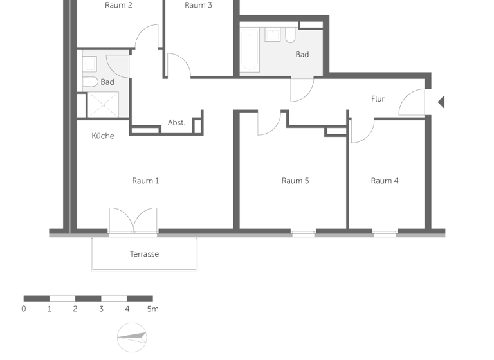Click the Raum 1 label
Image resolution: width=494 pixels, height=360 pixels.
(145, 181)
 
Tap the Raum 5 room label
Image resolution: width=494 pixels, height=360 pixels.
(295, 181)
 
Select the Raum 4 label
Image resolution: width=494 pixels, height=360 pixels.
(385, 181)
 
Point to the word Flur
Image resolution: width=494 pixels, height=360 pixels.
(378, 99)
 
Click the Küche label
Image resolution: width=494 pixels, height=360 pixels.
(103, 136)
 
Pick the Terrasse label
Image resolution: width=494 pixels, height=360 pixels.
(144, 254)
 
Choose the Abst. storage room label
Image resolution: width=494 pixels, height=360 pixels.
(176, 122)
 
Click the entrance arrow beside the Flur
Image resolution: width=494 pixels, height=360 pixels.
(441, 102)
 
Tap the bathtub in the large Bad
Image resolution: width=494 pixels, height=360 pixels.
(250, 50)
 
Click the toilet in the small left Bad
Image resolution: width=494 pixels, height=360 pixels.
(90, 82)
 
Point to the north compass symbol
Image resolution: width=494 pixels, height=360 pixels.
(132, 336)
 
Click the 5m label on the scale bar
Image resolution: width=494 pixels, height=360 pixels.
(152, 309)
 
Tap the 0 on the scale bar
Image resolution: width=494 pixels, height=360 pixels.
(24, 309)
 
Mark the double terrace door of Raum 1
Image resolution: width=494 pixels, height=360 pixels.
(133, 221)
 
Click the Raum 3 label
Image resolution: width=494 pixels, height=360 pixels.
(199, 5)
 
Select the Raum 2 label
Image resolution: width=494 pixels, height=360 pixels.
(118, 5)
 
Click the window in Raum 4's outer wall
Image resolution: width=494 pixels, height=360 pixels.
(385, 233)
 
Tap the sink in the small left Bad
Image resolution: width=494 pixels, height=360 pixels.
(90, 63)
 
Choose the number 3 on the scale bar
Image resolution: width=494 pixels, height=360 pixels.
(101, 309)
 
